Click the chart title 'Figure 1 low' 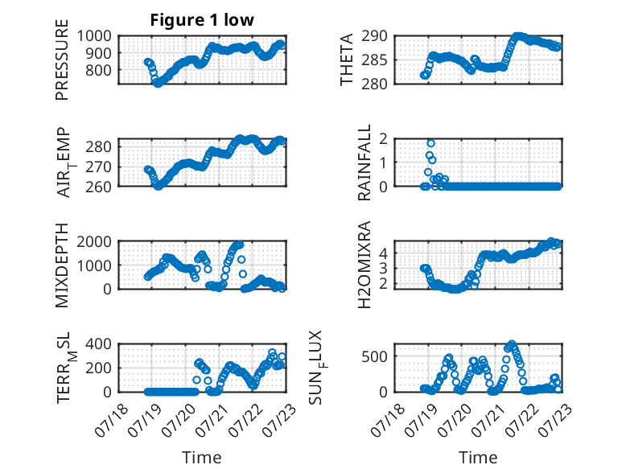(202, 20)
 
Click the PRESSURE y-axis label (62, 60)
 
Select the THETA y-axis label (347, 60)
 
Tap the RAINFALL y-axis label (364, 163)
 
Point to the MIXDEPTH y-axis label (62, 265)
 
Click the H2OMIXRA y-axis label (364, 265)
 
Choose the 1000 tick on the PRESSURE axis (94, 36)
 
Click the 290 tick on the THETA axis (374, 36)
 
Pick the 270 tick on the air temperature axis (98, 167)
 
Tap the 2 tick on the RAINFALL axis (383, 139)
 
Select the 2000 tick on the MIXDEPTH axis (94, 241)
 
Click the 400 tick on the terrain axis (98, 344)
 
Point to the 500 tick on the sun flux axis (374, 356)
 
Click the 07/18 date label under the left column (111, 420)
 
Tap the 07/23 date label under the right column (555, 420)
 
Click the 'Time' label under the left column (202, 458)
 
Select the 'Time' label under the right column (478, 458)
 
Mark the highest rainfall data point (430, 143)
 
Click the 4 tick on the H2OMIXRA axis (383, 253)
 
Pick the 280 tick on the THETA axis (374, 84)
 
